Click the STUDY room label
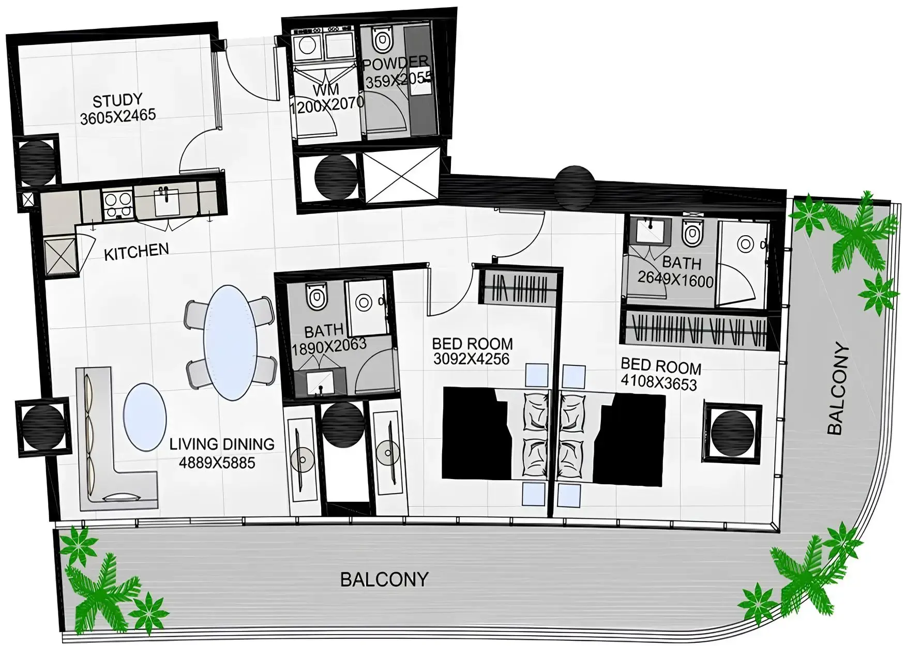(x=117, y=100)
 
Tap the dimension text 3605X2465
(x=118, y=116)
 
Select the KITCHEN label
(x=137, y=252)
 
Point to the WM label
(x=326, y=89)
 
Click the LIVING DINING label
(x=222, y=444)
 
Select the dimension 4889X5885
(x=217, y=463)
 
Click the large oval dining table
(x=230, y=342)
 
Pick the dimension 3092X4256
(x=472, y=359)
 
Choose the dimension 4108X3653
(x=659, y=383)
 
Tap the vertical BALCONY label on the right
(x=838, y=389)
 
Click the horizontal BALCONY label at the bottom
(x=385, y=579)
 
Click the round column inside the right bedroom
(x=731, y=432)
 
